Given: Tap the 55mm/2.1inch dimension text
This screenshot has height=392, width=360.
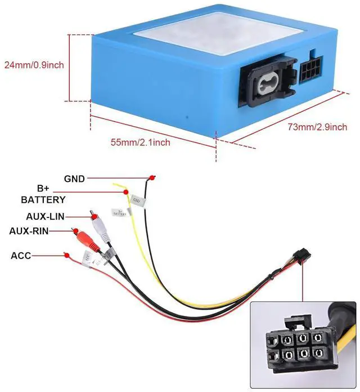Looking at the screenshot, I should click(x=140, y=142).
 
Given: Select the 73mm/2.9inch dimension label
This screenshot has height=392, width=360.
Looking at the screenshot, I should click(x=317, y=127).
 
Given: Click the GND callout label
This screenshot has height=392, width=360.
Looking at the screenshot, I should click(x=74, y=179).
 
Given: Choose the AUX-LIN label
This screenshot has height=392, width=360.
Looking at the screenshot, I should click(x=44, y=216).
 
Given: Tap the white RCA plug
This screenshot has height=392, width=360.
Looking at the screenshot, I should click(x=99, y=225).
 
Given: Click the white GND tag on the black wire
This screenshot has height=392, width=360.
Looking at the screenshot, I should click(x=137, y=200).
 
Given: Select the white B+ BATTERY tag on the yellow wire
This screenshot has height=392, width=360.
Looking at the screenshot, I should click(x=119, y=212).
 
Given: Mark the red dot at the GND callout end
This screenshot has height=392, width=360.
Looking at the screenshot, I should click(x=151, y=179).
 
